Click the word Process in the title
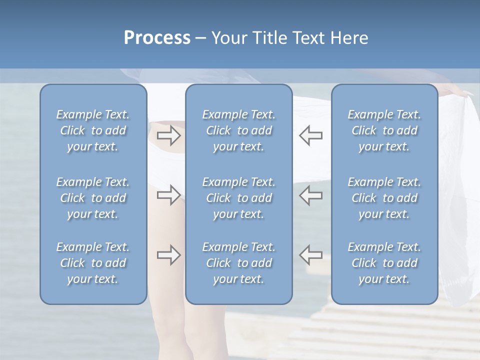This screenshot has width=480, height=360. pyautogui.click(x=157, y=38)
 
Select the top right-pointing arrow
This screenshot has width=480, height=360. pyautogui.click(x=168, y=135)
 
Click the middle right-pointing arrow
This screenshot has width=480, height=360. pyautogui.click(x=168, y=195)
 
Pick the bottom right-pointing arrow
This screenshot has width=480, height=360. pyautogui.click(x=168, y=255)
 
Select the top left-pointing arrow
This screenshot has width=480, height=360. pyautogui.click(x=311, y=135)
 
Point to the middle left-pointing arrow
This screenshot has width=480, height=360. pyautogui.click(x=311, y=195)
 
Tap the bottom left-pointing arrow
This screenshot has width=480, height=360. pyautogui.click(x=311, y=255)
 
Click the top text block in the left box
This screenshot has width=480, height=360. pyautogui.click(x=93, y=130)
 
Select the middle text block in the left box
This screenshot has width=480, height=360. pyautogui.click(x=93, y=198)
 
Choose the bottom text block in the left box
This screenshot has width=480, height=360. pyautogui.click(x=93, y=263)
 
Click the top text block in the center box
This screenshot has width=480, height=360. pyautogui.click(x=239, y=130)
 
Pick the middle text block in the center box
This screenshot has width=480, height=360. pyautogui.click(x=239, y=198)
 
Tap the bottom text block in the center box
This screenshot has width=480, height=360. pyautogui.click(x=239, y=263)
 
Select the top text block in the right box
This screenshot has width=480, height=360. pyautogui.click(x=384, y=130)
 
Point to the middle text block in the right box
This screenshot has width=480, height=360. pyautogui.click(x=384, y=198)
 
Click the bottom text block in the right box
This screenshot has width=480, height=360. pyautogui.click(x=384, y=263)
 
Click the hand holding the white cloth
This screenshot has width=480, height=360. pyautogui.click(x=457, y=91)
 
